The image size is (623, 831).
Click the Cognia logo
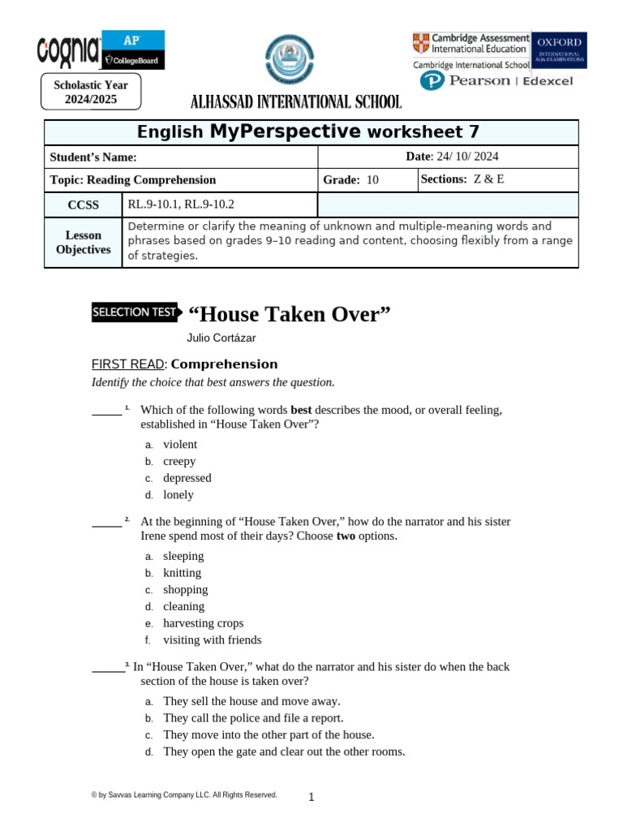point(68,52)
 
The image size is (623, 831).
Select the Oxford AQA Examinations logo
point(559,50)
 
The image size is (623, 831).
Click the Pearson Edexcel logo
point(496,80)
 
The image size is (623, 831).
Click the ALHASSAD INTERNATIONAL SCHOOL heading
point(295,102)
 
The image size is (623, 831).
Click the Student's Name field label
point(93,157)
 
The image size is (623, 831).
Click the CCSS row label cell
point(83,205)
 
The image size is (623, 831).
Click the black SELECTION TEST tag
point(134,312)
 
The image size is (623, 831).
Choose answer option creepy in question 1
point(179,461)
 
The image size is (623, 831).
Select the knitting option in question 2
point(182,573)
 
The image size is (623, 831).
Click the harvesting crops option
point(203,623)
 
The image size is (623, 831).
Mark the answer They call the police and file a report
point(253,718)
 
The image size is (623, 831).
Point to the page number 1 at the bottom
point(311,798)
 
